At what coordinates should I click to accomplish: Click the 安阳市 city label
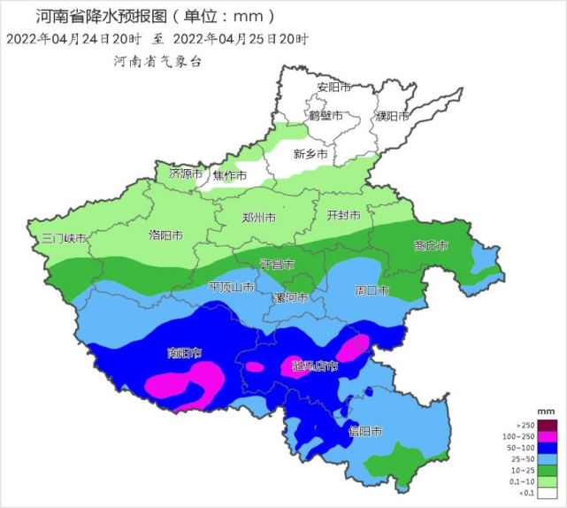coord(334,88)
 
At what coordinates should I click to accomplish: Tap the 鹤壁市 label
coord(326,116)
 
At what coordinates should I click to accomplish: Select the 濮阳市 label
coord(392,116)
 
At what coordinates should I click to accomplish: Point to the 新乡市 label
coord(310,154)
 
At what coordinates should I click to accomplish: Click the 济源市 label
coord(187,173)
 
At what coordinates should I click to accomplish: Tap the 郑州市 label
coord(258,217)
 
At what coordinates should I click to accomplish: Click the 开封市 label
coord(343,215)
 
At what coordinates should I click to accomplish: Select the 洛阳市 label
coord(165,235)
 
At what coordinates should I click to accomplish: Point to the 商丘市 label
coord(431,245)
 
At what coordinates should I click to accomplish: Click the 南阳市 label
coord(184,352)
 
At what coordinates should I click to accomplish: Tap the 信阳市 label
coord(364,432)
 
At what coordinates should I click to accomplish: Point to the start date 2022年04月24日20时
coord(73,39)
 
